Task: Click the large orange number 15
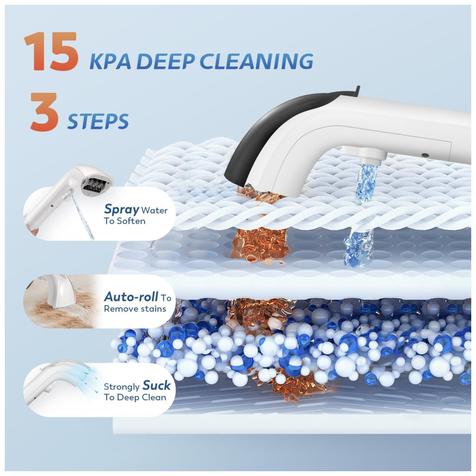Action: pos(51,51)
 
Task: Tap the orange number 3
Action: pos(44,112)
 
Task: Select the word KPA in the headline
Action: pos(110,61)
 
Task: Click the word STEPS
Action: pos(98,122)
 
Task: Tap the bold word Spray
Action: pos(121,209)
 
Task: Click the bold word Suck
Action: pos(156,385)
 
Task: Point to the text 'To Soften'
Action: pos(124,221)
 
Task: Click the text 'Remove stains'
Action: pos(135,309)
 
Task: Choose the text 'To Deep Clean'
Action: pos(135,397)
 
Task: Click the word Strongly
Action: pos(122,387)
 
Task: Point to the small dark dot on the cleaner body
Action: pos(425,155)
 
